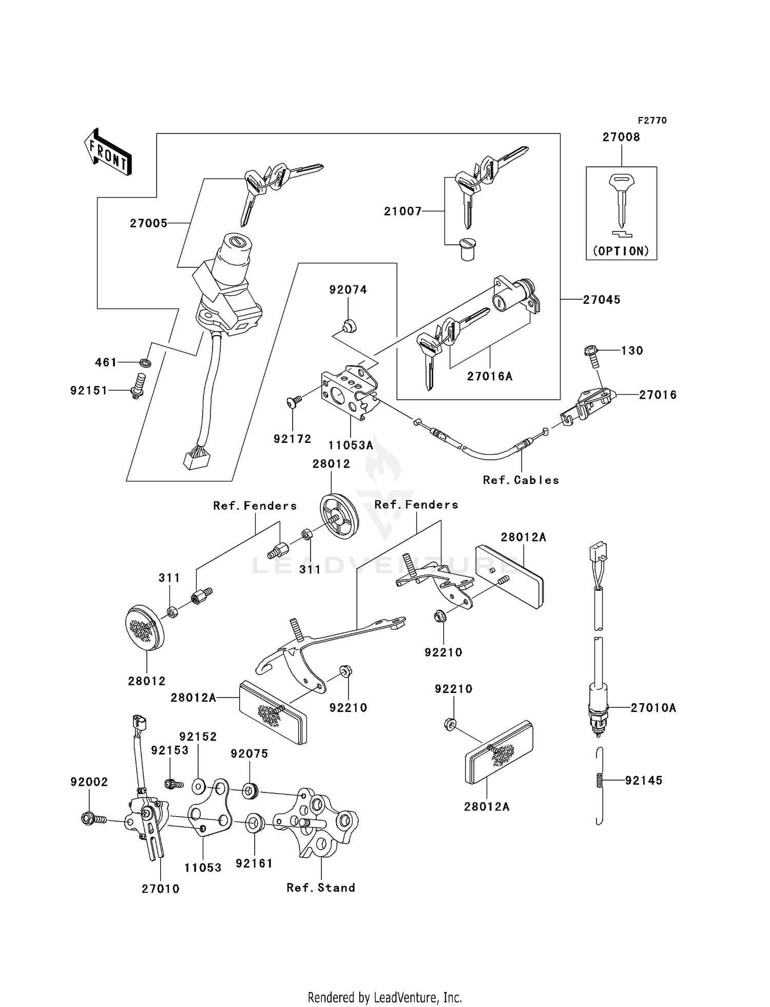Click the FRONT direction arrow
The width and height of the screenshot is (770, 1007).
click(x=108, y=152)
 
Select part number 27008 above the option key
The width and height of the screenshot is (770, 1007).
click(x=621, y=137)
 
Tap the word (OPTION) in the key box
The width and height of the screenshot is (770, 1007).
click(x=621, y=251)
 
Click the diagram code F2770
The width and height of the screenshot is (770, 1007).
click(x=652, y=120)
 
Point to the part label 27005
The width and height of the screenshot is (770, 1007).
click(x=148, y=223)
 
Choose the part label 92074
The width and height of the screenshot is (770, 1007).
click(x=348, y=290)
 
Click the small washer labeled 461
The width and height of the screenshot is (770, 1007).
click(x=146, y=363)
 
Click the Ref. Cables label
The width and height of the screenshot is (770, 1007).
click(x=521, y=480)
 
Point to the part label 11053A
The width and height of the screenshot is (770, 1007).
click(x=351, y=445)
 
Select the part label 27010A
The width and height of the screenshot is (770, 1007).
click(x=653, y=708)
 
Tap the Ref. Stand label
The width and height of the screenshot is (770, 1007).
click(x=321, y=887)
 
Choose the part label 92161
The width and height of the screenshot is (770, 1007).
click(x=254, y=863)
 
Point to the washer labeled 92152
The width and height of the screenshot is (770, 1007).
click(x=199, y=786)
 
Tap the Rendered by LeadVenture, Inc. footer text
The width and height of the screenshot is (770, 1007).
click(x=384, y=997)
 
